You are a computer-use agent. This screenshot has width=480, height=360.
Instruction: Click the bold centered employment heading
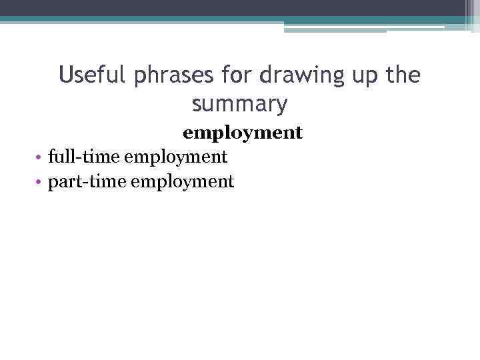(x=243, y=133)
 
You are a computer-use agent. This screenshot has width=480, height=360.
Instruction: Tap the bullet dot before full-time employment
(x=41, y=158)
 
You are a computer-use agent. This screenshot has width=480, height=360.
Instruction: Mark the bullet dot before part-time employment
(x=41, y=182)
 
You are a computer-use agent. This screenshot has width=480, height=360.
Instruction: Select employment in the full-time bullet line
(x=176, y=158)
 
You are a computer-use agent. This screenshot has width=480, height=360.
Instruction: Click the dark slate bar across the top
(x=240, y=8)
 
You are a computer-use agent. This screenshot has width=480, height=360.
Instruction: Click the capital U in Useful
(x=65, y=75)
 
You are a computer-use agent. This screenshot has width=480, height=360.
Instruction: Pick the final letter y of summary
(x=282, y=106)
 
